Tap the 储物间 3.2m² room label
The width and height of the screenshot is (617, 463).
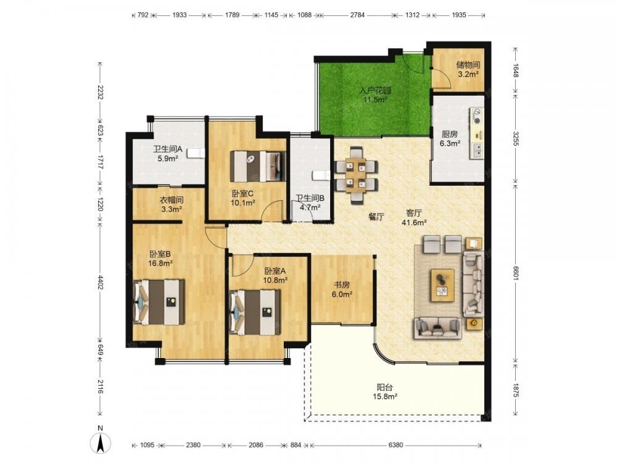pos(468,69)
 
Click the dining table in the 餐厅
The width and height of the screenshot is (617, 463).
pos(356,175)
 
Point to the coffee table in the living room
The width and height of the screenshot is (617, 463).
pos(442,285)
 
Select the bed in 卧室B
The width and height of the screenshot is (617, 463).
pos(159,302)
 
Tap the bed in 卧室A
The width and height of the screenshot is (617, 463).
pos(255,312)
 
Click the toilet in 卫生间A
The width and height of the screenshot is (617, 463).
pos(196,152)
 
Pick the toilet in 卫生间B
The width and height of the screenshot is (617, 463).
pos(321,175)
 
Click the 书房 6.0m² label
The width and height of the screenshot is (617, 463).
pos(342,289)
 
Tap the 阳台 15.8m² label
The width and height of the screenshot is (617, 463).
pos(385,392)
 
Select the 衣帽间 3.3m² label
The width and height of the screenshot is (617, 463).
pos(172,204)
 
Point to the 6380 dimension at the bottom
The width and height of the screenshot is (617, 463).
pos(395,445)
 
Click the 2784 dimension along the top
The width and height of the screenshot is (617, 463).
pos(357,15)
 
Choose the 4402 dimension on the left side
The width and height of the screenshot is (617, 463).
pos(100,283)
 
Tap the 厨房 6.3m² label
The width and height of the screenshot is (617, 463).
pos(450,138)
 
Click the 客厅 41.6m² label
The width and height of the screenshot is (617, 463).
pos(414,218)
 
